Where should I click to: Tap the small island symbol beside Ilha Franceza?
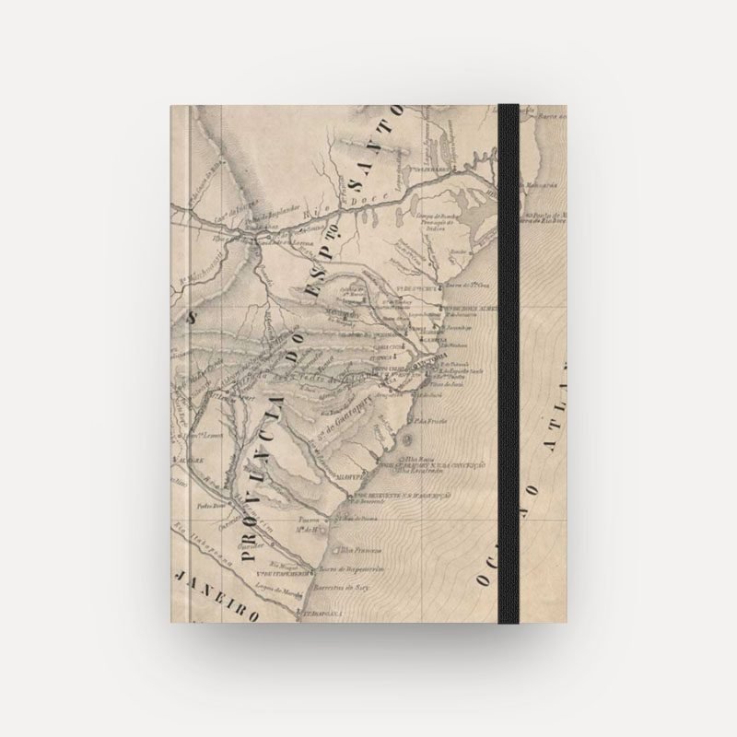click(337, 550)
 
